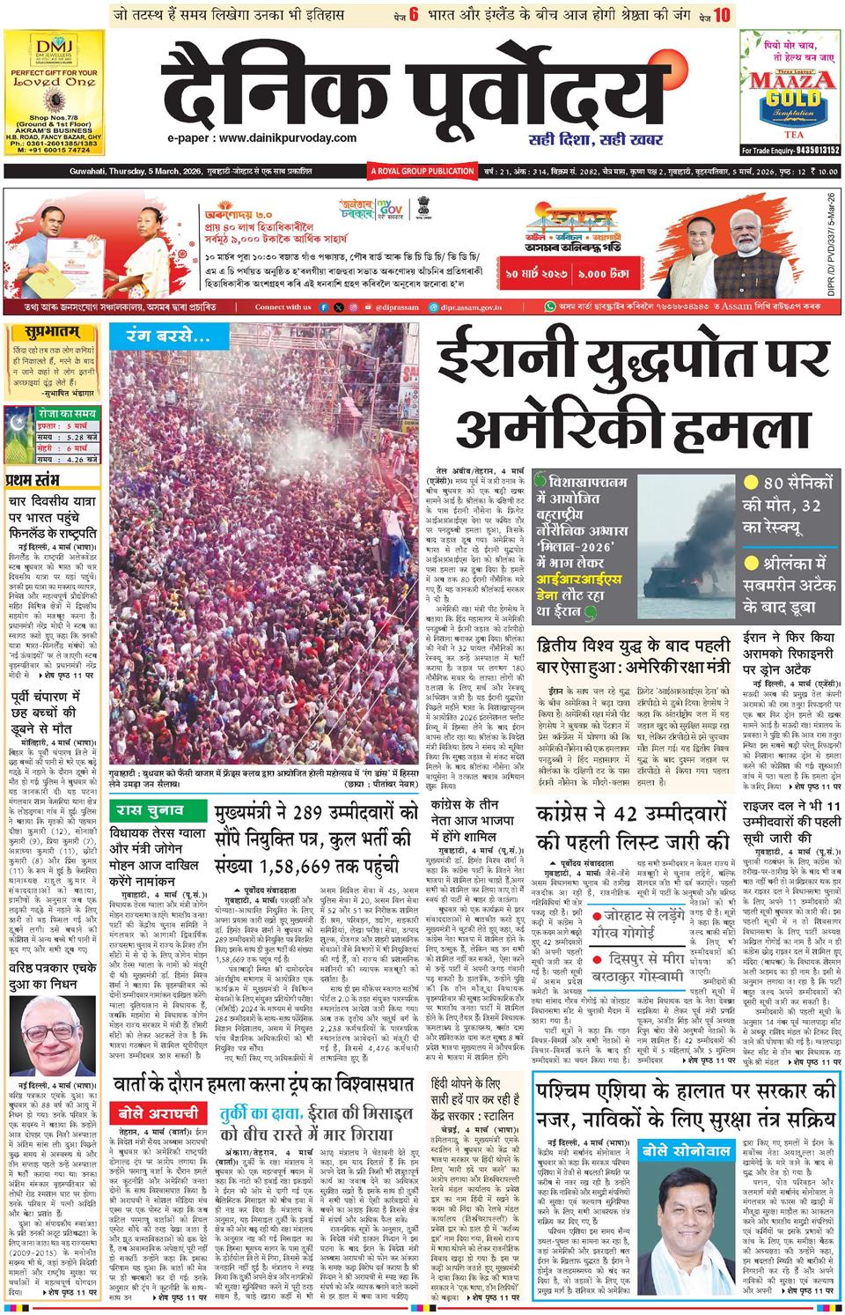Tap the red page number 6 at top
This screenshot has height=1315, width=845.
[x=412, y=14]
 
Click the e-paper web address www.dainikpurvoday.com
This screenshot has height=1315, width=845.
[x=263, y=138]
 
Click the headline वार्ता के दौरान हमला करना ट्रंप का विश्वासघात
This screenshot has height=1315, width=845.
[x=265, y=1085]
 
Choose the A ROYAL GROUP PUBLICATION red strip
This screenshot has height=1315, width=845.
[x=422, y=170]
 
